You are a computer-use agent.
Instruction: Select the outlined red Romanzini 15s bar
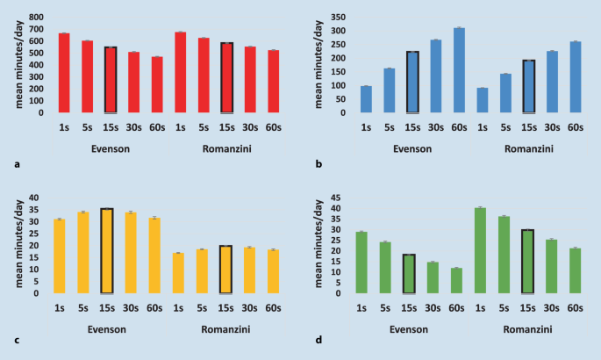click(226, 78)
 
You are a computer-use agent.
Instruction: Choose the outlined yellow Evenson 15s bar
click(107, 251)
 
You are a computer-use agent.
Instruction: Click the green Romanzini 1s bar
click(480, 250)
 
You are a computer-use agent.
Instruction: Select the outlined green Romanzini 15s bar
click(527, 262)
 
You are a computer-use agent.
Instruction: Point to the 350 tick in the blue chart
click(337, 18)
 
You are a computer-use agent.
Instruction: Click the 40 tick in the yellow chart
click(35, 198)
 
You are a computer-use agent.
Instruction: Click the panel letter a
click(18, 164)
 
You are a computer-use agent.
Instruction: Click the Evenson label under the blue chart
click(411, 149)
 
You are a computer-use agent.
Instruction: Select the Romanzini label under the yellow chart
click(225, 330)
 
